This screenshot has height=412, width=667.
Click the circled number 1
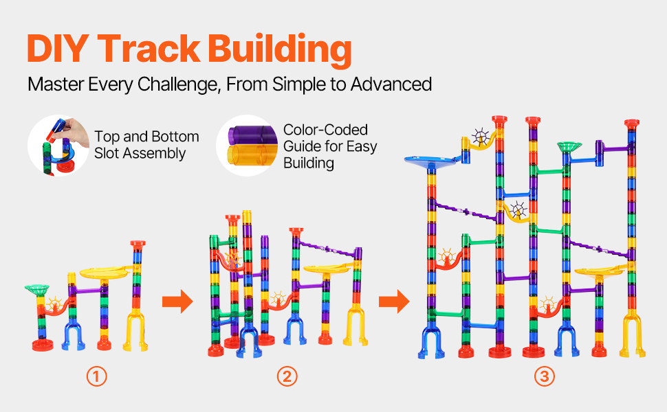point(97,376)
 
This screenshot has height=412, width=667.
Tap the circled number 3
point(545,376)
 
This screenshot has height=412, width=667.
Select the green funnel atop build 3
point(569,146)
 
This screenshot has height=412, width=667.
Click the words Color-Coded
point(326,130)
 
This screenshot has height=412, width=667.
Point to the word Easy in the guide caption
point(361,146)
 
